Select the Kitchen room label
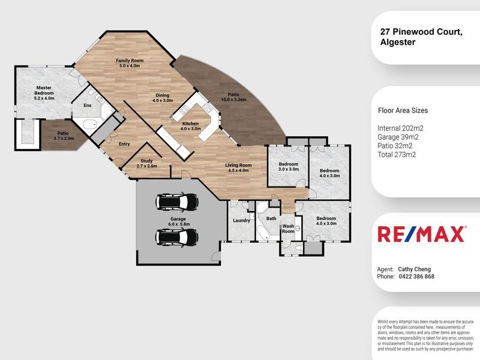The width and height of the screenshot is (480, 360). click(x=190, y=123)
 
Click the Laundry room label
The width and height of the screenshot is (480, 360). click(x=241, y=221)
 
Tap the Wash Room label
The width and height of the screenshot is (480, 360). click(x=288, y=229)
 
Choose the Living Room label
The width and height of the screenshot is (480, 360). click(x=238, y=165)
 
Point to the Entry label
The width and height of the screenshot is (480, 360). click(x=124, y=144)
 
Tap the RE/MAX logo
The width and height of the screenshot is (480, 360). click(x=421, y=234)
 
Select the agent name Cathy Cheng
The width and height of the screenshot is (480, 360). click(x=415, y=269)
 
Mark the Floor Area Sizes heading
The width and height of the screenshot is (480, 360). click(x=403, y=110)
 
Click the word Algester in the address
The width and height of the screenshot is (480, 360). click(x=400, y=42)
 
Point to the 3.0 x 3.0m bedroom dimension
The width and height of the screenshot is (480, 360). click(x=288, y=169)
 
